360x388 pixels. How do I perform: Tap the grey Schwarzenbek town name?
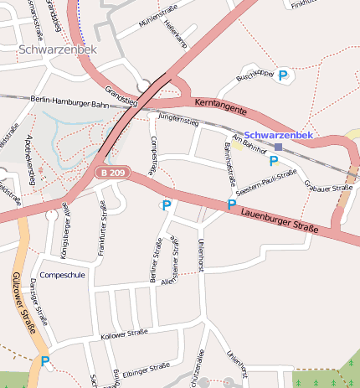pyautogui.click(x=57, y=50)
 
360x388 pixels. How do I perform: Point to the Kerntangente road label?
pyautogui.click(x=220, y=106)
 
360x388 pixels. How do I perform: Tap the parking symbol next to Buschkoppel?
pyautogui.click(x=283, y=75)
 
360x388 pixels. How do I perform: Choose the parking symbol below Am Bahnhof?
pyautogui.click(x=273, y=160)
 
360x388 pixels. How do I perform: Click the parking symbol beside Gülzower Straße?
pyautogui.click(x=44, y=362)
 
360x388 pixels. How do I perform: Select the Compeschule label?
pyautogui.click(x=62, y=275)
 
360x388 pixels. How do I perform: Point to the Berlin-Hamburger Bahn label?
pyautogui.click(x=69, y=102)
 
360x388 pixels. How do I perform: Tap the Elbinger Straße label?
pyautogui.click(x=146, y=368)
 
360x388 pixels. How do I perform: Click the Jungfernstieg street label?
pyautogui.click(x=177, y=122)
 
